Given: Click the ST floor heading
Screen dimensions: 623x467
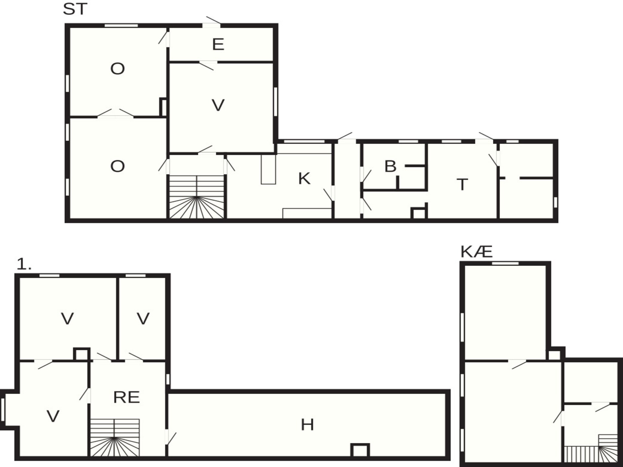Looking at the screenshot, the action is click(75, 9).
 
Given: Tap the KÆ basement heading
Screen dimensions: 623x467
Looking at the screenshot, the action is click(476, 252).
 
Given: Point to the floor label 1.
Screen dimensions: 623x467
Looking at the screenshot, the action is click(24, 264).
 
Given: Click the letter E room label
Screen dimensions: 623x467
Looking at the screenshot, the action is click(218, 44).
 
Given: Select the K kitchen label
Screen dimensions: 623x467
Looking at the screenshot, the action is click(304, 178).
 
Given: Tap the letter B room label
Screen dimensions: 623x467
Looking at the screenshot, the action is click(390, 166).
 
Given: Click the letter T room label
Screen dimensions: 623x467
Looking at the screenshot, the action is click(462, 185).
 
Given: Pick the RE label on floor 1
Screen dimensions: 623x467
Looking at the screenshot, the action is click(127, 397).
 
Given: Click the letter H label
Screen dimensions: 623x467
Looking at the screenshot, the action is click(307, 425).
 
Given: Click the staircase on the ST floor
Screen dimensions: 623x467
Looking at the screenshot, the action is click(197, 197).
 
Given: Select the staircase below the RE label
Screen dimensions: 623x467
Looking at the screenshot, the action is click(115, 437).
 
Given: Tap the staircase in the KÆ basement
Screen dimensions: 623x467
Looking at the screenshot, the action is click(591, 449).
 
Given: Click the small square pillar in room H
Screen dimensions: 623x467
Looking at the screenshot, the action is click(360, 450).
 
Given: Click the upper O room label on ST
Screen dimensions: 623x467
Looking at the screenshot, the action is click(117, 69).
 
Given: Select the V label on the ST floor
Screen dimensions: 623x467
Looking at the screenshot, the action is click(218, 105).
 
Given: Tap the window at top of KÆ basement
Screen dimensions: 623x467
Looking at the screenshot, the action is click(505, 263).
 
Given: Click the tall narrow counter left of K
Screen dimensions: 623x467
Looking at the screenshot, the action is click(268, 169).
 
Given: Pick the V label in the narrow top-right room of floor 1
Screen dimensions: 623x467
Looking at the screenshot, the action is click(143, 318).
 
